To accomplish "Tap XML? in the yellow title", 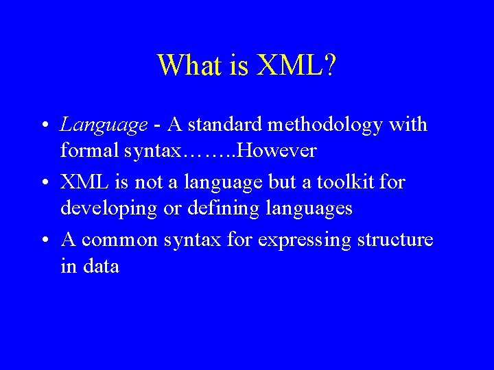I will pyautogui.click(x=296, y=65).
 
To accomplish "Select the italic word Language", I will pyautogui.click(x=104, y=125).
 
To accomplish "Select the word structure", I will pyautogui.click(x=395, y=240).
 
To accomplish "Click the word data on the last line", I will pyautogui.click(x=100, y=265).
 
